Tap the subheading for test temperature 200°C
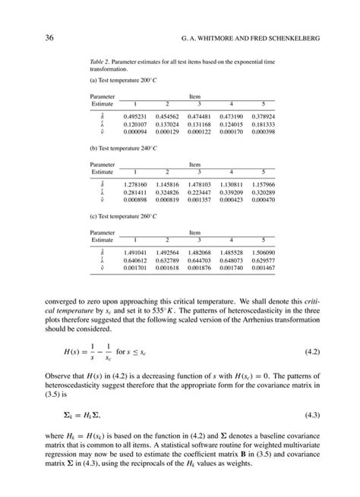coord(127,80)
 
